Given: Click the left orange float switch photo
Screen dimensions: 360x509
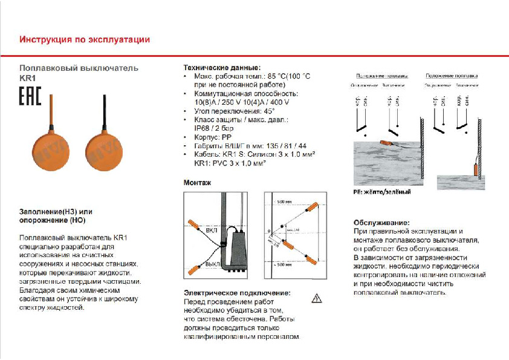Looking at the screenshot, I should click(50, 149).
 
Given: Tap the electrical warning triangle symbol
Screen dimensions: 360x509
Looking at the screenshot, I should click(316, 298).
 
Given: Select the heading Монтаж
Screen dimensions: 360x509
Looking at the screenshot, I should click(197, 182).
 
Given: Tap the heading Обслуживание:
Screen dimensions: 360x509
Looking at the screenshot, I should click(381, 222).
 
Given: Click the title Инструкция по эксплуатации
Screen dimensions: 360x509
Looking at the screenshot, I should click(85, 40).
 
